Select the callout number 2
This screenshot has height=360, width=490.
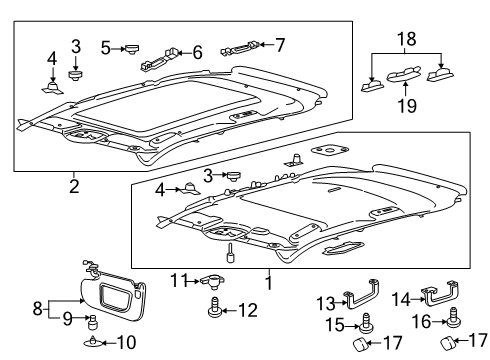74,185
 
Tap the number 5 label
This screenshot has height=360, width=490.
106,46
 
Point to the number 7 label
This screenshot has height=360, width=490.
280,44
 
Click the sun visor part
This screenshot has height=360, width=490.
114,296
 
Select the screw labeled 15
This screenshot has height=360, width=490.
369,321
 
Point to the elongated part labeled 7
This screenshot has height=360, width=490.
244,46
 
